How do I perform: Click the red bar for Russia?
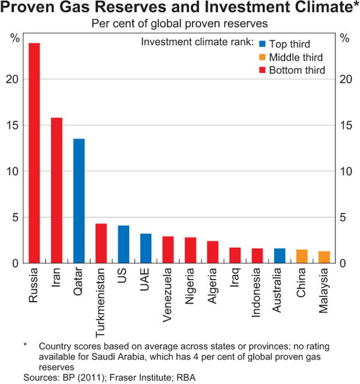tap(34, 153)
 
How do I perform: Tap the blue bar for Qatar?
tap(79, 201)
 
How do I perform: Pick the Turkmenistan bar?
tap(101, 244)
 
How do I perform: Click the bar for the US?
tap(124, 244)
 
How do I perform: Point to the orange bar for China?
tap(302, 256)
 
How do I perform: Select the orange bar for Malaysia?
tap(324, 257)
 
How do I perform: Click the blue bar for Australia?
tap(280, 256)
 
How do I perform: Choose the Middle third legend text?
tap(296, 58)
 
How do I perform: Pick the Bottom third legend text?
tap(297, 71)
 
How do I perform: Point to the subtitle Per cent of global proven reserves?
tap(179, 25)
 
